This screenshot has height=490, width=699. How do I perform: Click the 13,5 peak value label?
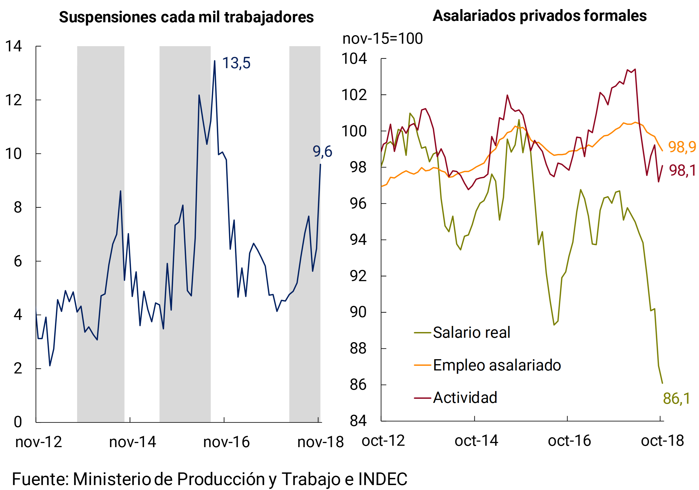pyautogui.click(x=236, y=63)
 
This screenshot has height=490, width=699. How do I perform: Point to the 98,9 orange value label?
pyautogui.click(x=682, y=147)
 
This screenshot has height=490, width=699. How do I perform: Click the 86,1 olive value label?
pyautogui.click(x=676, y=398)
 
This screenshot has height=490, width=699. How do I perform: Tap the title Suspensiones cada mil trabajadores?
pyautogui.click(x=186, y=17)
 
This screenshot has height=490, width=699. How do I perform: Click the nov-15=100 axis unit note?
pyautogui.click(x=382, y=38)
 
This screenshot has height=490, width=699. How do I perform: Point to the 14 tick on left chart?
pyautogui.click(x=13, y=46)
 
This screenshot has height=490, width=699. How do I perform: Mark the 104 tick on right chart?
pyautogui.click(x=354, y=58)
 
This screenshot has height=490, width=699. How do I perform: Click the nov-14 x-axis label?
pyautogui.click(x=132, y=442)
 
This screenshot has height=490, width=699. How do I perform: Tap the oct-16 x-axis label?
pyautogui.click(x=569, y=441)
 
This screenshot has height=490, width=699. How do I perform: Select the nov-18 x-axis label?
pyautogui.click(x=320, y=442)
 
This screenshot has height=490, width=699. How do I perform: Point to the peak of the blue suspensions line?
pyautogui.click(x=215, y=61)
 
